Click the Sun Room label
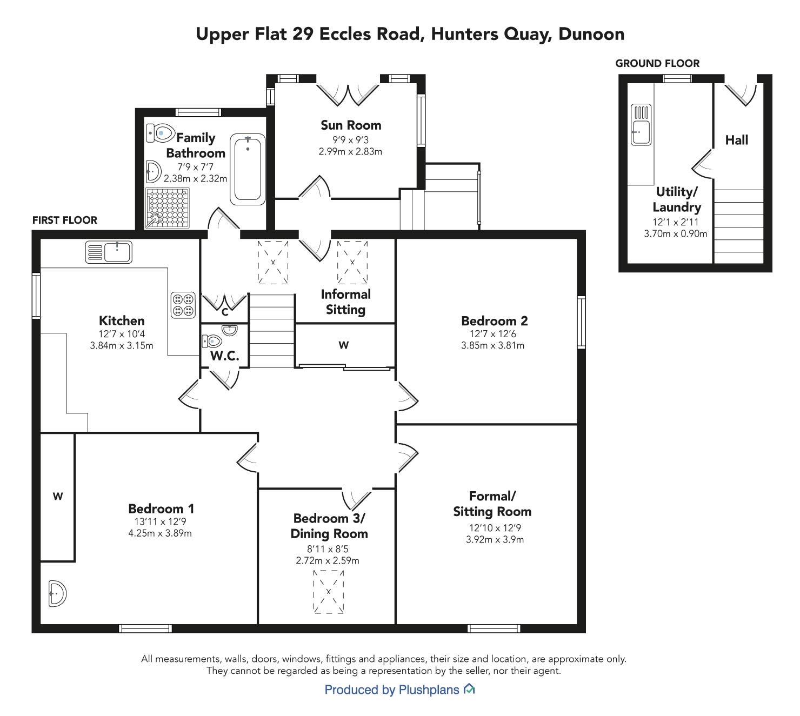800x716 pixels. pyautogui.click(x=351, y=125)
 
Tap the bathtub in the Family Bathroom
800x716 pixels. pyautogui.click(x=248, y=169)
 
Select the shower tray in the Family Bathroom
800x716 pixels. pyautogui.click(x=168, y=208)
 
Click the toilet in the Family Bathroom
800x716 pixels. pyautogui.click(x=161, y=133)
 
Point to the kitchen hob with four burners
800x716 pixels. pyautogui.click(x=183, y=305)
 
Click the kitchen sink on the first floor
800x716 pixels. pyautogui.click(x=109, y=252)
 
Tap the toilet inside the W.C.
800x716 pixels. pyautogui.click(x=212, y=340)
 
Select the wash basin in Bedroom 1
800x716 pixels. pyautogui.click(x=58, y=593)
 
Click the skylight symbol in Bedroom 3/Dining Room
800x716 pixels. pyautogui.click(x=329, y=592)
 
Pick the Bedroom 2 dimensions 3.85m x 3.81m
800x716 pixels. pyautogui.click(x=493, y=345)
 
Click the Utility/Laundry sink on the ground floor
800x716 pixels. pyautogui.click(x=641, y=124)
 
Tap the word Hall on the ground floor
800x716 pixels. pyautogui.click(x=736, y=140)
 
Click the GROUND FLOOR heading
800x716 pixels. pyautogui.click(x=657, y=63)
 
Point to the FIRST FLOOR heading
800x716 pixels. pyautogui.click(x=65, y=220)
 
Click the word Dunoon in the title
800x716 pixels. pyautogui.click(x=591, y=34)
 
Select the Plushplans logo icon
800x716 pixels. pyautogui.click(x=469, y=688)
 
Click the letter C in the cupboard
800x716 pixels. pyautogui.click(x=225, y=312)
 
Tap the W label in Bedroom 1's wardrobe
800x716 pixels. pyautogui.click(x=58, y=496)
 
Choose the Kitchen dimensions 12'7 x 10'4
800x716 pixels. pyautogui.click(x=122, y=334)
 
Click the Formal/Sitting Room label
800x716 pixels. pyautogui.click(x=492, y=504)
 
